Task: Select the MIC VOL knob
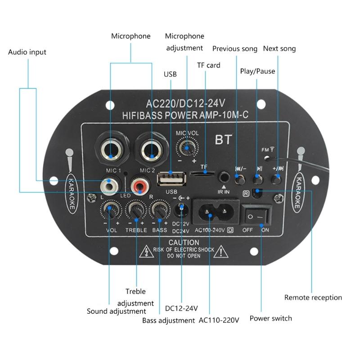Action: tap(186, 147)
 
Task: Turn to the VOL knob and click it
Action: tap(109, 210)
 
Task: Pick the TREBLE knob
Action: tap(135, 210)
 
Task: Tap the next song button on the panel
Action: tap(276, 179)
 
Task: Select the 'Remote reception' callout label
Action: tap(313, 297)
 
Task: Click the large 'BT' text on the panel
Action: tap(223, 139)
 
